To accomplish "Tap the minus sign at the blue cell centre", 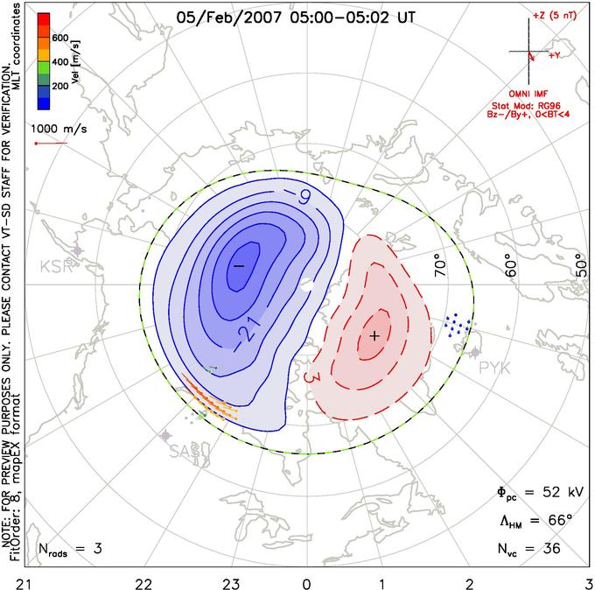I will [x=237, y=265].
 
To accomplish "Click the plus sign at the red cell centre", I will [x=374, y=335].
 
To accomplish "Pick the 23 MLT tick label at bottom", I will [x=231, y=581].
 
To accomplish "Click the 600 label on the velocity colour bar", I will [x=61, y=38].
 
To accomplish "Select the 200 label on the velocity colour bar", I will [x=61, y=88].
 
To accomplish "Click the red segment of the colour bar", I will [x=43, y=25].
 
